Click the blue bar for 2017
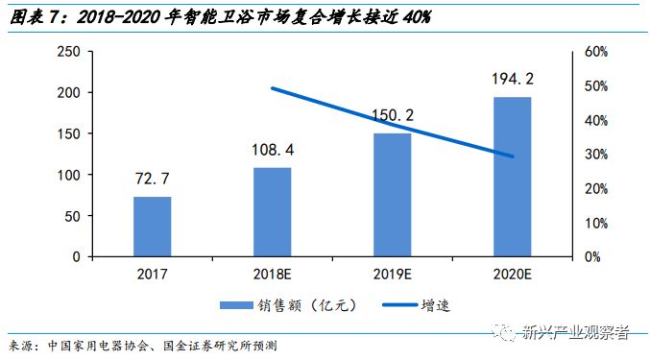152,227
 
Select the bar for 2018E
272,212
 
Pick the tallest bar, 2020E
512,177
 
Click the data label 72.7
152,178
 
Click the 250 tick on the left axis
67,52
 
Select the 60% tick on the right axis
596,52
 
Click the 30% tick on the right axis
596,155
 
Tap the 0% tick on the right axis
592,257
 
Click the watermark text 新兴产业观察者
573,332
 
